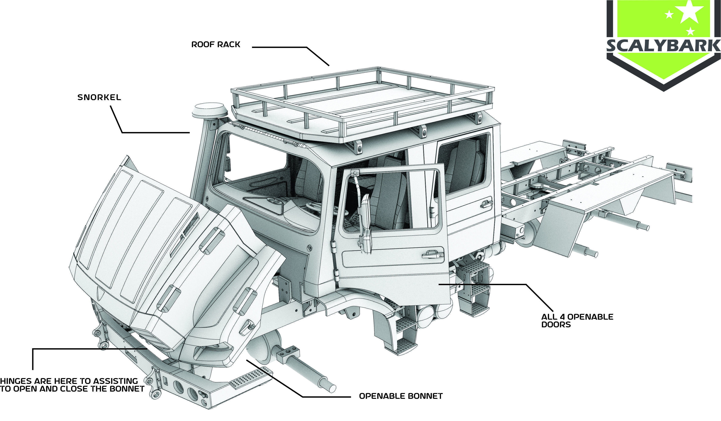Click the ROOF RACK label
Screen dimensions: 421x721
216,45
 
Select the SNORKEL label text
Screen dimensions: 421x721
99,97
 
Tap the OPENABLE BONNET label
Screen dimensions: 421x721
401,396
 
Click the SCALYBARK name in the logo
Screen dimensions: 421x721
663,46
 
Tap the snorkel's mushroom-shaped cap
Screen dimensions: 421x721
210,110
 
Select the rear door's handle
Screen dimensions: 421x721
486,204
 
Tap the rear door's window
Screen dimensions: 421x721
462,163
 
